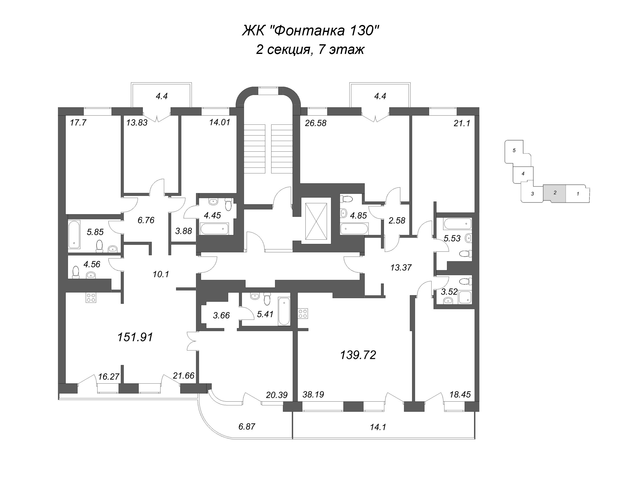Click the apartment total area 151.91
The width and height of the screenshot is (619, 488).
pyautogui.click(x=135, y=337)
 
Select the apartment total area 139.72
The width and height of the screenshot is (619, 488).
pyautogui.click(x=358, y=355)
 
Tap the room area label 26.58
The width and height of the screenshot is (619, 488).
pyautogui.click(x=315, y=123)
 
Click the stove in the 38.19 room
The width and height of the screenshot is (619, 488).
pyautogui.click(x=303, y=313)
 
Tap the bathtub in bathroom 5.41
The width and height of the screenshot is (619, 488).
pyautogui.click(x=284, y=311)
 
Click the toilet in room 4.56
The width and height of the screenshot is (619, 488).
pyautogui.click(x=76, y=272)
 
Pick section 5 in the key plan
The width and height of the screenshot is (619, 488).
pyautogui.click(x=514, y=150)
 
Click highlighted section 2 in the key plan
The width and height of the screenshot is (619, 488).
pyautogui.click(x=555, y=193)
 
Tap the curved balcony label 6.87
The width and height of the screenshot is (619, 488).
pyautogui.click(x=247, y=427)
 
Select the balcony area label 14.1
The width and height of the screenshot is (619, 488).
pyautogui.click(x=378, y=427)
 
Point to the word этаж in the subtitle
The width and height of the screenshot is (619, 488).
pyautogui.click(x=347, y=50)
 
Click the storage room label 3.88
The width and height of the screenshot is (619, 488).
pyautogui.click(x=183, y=231)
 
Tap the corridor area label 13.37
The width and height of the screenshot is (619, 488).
pyautogui.click(x=401, y=267)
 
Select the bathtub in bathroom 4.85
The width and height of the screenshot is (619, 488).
pyautogui.click(x=354, y=229)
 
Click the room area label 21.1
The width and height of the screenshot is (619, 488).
pyautogui.click(x=462, y=123)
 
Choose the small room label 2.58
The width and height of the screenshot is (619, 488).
pyautogui.click(x=397, y=221)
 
